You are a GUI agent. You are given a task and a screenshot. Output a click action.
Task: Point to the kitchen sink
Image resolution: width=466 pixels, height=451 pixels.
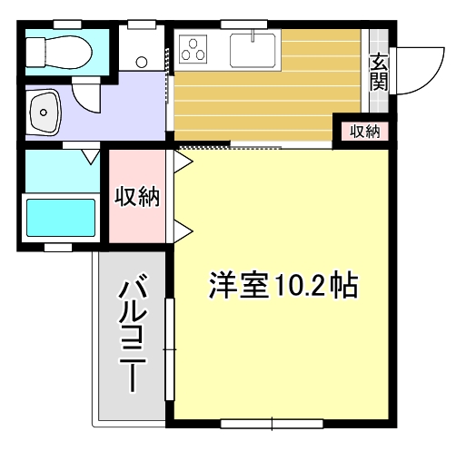[x=253, y=49]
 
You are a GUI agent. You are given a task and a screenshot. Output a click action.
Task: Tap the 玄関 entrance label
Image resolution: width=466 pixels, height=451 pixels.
[x=379, y=72]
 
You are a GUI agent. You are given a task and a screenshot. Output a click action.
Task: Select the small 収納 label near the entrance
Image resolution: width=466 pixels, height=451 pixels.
[x=365, y=132]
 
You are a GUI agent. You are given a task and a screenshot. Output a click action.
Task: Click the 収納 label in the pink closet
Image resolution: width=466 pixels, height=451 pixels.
[x=137, y=196]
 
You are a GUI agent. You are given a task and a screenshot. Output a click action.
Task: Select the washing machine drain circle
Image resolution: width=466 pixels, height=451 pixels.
[x=141, y=62]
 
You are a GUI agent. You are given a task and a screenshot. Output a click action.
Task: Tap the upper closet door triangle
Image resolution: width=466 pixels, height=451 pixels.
[x=183, y=162]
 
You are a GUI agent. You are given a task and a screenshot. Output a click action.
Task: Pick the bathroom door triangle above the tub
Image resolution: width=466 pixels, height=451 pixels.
[x=90, y=157]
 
